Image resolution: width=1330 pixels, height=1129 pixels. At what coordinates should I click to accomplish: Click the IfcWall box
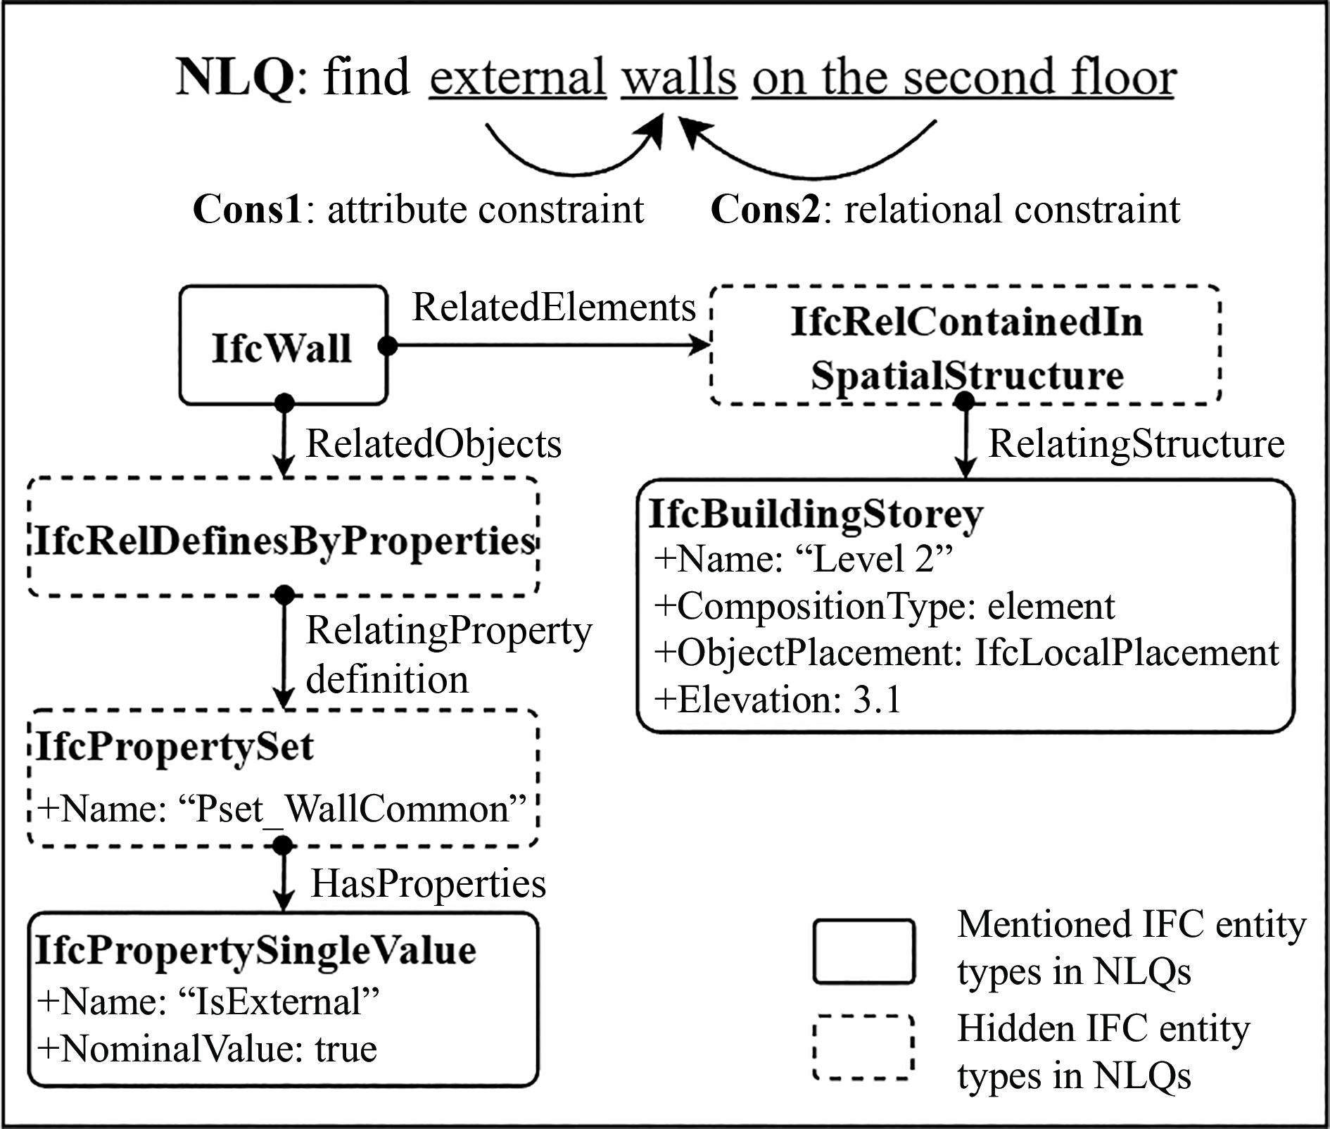[283, 346]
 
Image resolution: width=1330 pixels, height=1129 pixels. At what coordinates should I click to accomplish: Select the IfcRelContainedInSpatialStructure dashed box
[965, 346]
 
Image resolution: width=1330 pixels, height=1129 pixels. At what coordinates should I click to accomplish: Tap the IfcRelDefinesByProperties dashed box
[283, 539]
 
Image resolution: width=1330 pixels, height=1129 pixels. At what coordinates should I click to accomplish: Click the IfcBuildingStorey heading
[815, 514]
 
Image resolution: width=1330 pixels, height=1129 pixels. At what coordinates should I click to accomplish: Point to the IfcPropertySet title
[175, 746]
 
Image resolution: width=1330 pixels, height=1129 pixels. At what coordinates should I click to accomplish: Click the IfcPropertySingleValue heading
[255, 950]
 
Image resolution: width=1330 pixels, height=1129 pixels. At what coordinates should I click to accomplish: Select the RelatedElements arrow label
[553, 307]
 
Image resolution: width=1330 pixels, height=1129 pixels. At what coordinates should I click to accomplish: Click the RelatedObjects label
[433, 444]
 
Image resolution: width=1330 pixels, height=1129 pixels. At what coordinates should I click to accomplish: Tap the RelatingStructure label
[1136, 444]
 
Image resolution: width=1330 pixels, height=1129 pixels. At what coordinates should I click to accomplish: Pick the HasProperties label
[428, 883]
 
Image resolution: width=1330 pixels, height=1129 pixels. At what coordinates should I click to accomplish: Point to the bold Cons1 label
[247, 210]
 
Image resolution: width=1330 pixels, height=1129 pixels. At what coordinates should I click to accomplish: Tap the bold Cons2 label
[766, 210]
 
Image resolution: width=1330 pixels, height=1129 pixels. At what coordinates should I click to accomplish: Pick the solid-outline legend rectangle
[863, 951]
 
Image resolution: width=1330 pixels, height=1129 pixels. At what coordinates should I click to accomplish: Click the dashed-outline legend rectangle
[863, 1047]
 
